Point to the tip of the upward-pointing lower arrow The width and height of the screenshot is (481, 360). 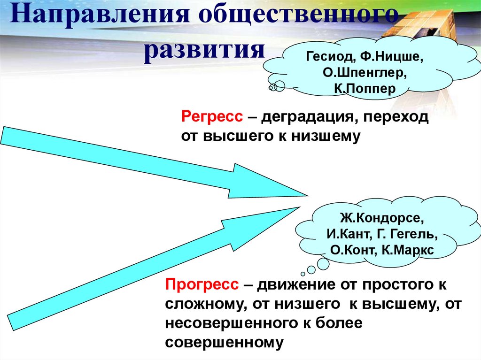(299, 207)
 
